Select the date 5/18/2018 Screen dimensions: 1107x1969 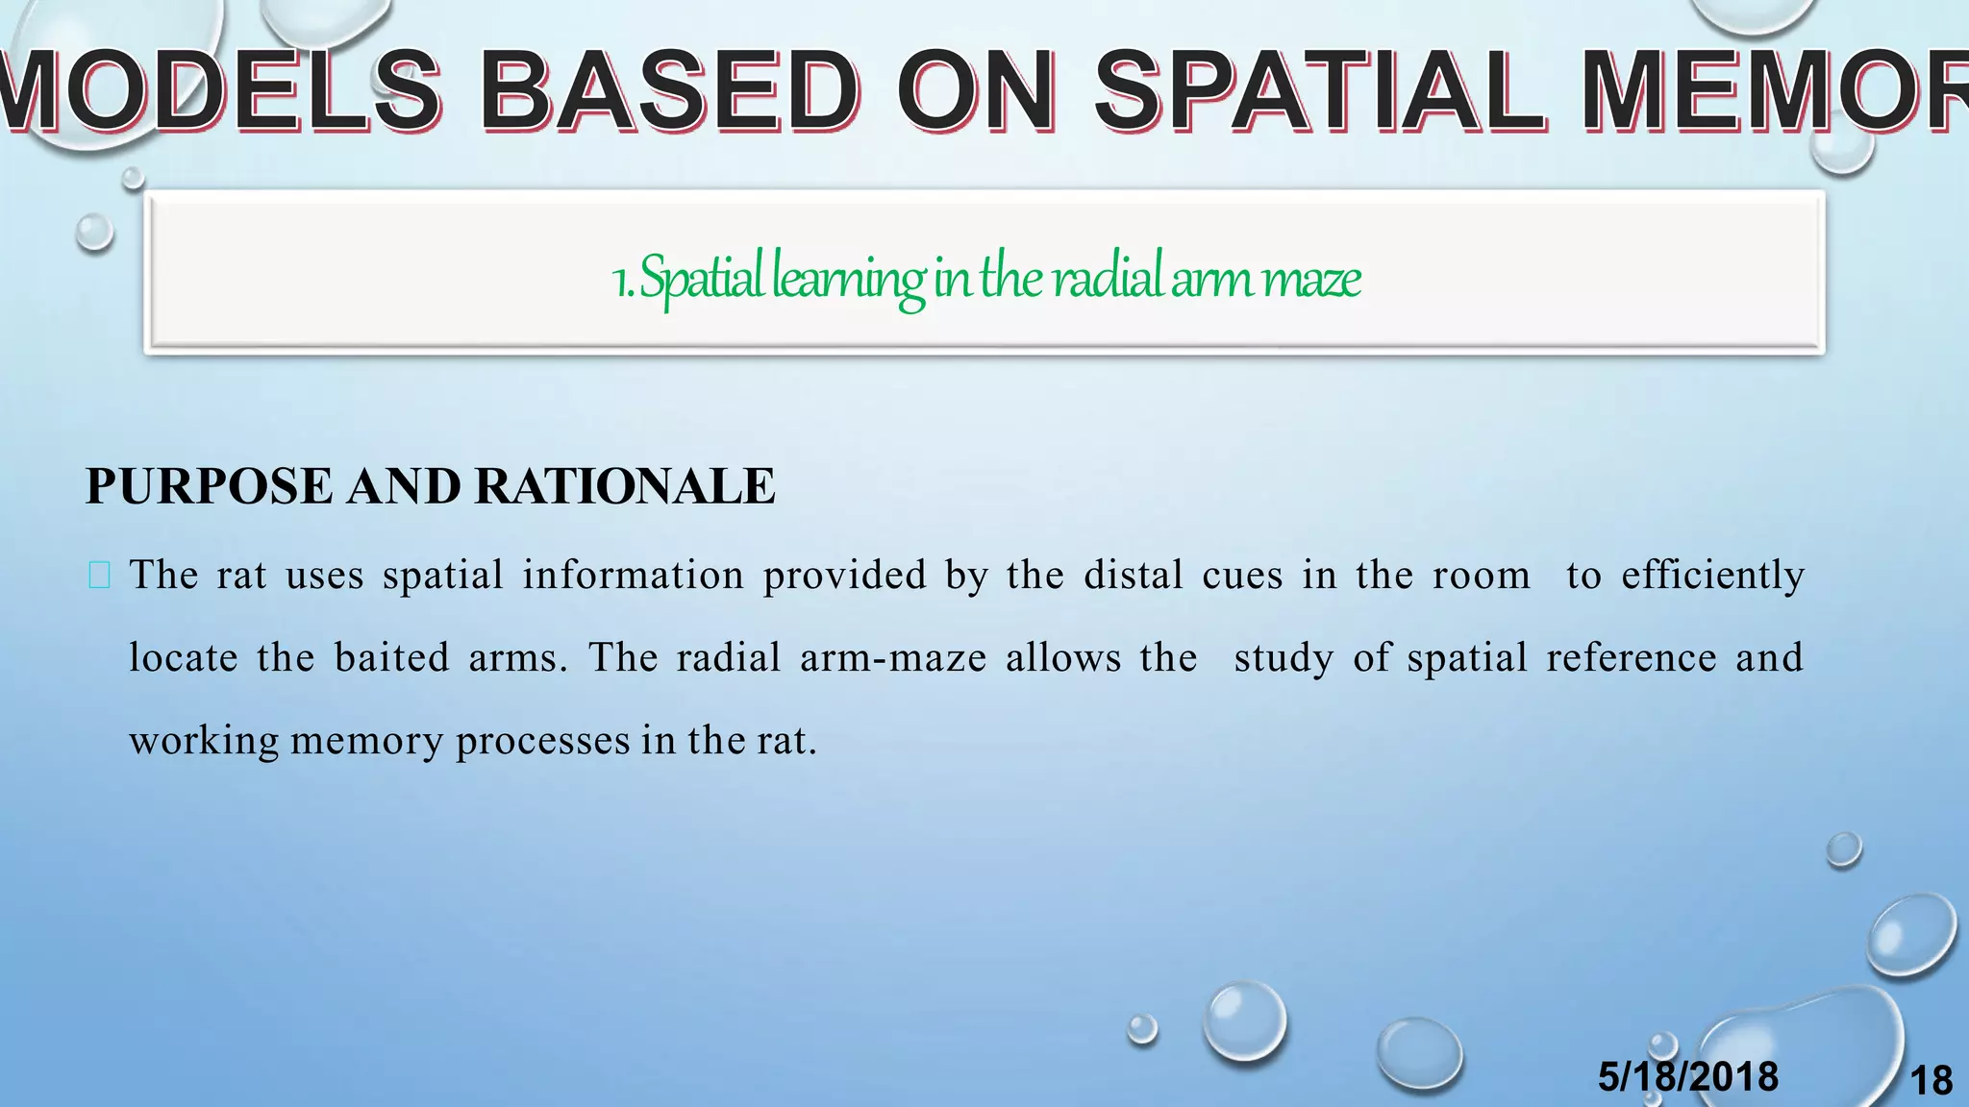(x=1687, y=1076)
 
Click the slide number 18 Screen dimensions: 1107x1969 (x=1931, y=1081)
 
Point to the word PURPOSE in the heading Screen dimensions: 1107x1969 (x=210, y=486)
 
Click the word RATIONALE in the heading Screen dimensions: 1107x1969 (x=624, y=486)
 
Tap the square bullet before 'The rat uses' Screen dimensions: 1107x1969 (x=99, y=576)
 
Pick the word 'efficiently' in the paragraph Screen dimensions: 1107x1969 (x=1712, y=576)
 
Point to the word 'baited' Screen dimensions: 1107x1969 (x=391, y=658)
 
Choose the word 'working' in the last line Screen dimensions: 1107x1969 (x=203, y=741)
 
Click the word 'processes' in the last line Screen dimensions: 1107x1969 (x=542, y=741)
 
